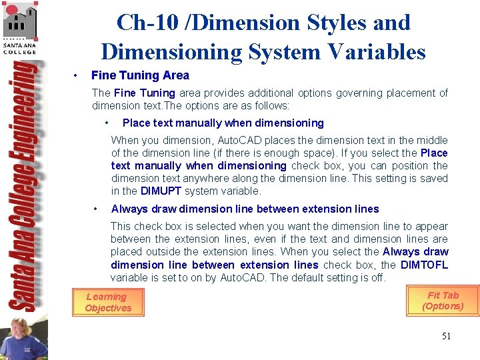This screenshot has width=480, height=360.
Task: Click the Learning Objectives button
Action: point(107,303)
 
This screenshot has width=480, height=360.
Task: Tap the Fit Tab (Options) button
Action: point(443,301)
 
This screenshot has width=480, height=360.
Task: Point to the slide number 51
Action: point(446,336)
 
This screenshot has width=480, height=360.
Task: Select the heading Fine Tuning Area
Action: point(140,75)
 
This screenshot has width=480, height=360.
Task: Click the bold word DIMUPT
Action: point(161,191)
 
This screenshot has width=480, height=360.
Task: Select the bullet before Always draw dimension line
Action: point(97,209)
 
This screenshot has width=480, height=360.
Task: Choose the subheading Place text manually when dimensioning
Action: point(223,123)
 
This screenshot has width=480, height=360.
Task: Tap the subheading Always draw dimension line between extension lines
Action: point(245,209)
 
